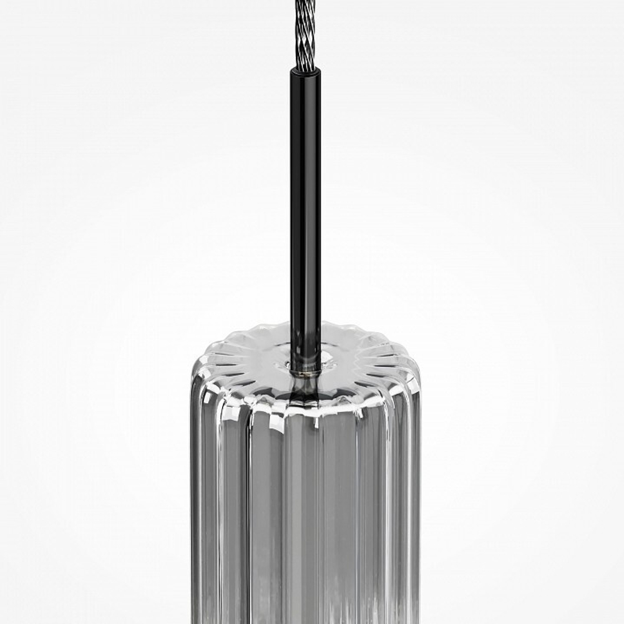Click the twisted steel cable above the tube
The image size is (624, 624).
(x=305, y=31)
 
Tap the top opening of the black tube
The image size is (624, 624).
(x=306, y=70)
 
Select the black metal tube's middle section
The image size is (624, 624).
(x=306, y=206)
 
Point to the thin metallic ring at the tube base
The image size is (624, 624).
(x=305, y=373)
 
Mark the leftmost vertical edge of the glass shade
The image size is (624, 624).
(x=192, y=499)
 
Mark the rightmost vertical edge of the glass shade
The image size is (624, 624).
(x=419, y=499)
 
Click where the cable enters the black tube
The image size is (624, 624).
(x=306, y=67)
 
